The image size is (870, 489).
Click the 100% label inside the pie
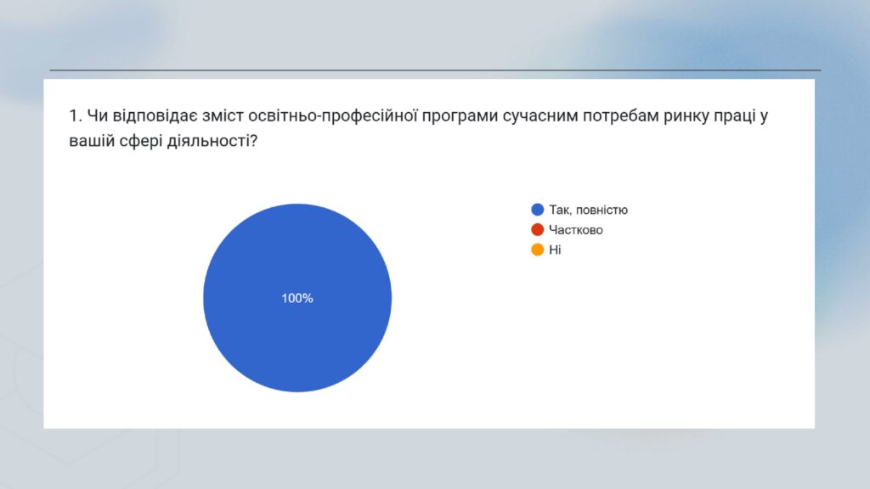click(x=297, y=298)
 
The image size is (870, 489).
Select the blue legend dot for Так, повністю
click(x=537, y=210)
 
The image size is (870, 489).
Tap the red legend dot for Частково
click(x=537, y=229)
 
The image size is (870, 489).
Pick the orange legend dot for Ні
click(x=537, y=250)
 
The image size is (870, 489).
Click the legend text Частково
click(x=576, y=229)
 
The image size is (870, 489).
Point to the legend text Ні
click(x=555, y=250)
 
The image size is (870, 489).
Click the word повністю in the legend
click(x=602, y=210)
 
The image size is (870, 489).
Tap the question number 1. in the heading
click(x=76, y=115)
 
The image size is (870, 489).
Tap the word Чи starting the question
click(x=97, y=115)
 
